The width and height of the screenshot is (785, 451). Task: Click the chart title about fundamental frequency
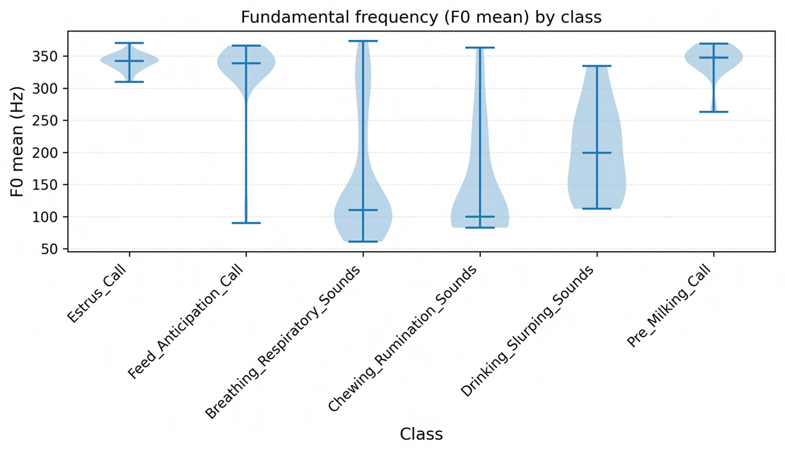point(420,17)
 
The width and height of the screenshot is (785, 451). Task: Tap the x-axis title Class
point(421,434)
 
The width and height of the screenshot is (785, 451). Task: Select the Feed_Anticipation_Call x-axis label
point(187,320)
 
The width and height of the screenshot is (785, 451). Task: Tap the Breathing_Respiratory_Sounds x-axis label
point(284,341)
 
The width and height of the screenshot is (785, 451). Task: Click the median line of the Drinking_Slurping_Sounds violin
point(597,153)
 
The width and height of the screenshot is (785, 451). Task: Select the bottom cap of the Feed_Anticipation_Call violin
point(246,223)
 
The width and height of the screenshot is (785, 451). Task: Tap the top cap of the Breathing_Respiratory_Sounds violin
point(363,41)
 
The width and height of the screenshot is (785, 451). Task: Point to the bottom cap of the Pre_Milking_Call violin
point(714,112)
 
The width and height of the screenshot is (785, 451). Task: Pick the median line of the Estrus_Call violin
point(129,61)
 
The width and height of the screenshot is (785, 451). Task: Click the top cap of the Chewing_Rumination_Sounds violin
point(480,48)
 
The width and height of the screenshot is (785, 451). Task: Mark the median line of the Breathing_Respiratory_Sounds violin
point(363,210)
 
